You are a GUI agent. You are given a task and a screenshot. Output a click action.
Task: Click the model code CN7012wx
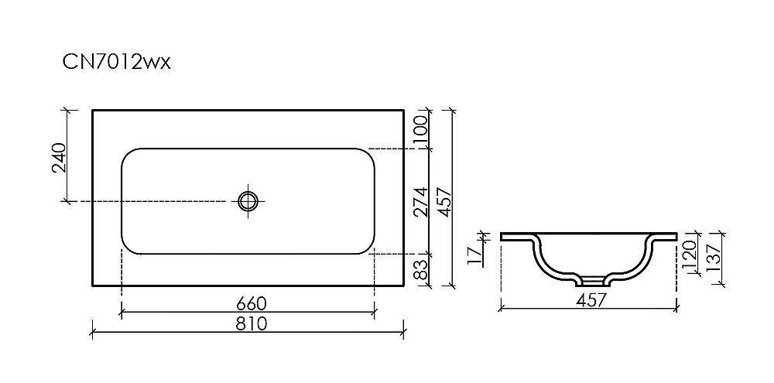(116, 63)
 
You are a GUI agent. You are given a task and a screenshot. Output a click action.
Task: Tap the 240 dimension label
(59, 158)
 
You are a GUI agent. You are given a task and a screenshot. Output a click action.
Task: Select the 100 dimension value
(421, 128)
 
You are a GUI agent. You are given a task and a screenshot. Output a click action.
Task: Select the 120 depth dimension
(691, 251)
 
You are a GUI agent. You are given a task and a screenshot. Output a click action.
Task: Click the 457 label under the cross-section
(589, 299)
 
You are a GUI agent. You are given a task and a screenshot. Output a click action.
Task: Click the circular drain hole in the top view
(248, 201)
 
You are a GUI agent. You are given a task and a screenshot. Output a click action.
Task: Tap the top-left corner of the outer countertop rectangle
(93, 110)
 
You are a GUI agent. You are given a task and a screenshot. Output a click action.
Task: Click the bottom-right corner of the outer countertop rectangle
(403, 285)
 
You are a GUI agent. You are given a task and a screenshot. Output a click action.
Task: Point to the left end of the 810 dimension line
(93, 334)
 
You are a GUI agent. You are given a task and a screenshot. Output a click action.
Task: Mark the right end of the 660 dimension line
(375, 313)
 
